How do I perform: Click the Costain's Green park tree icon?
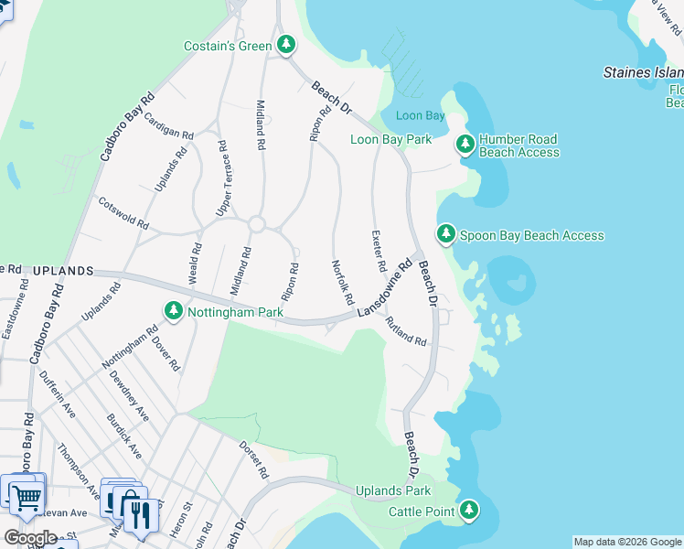point(286,44)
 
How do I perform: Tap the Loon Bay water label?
point(420,116)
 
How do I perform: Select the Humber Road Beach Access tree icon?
point(465,144)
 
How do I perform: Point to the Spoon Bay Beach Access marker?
point(445,234)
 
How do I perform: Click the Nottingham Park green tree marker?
point(173,312)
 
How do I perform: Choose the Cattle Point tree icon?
point(469,510)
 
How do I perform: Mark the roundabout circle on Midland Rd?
point(256,224)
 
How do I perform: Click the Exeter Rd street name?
point(377,251)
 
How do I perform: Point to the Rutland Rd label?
point(406,331)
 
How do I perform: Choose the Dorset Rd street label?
point(253,461)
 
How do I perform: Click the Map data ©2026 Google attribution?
point(626,542)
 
